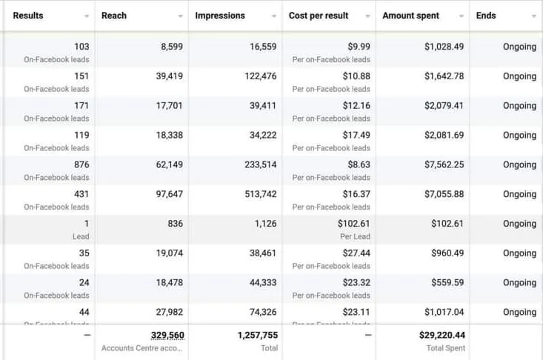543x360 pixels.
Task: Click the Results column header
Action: click(28, 16)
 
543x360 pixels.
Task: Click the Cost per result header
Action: click(319, 16)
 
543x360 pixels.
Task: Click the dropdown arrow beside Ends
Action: click(534, 16)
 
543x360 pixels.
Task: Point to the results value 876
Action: click(81, 165)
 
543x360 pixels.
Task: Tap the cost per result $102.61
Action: click(353, 224)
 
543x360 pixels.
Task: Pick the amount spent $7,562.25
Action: click(444, 165)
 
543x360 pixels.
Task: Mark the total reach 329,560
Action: click(167, 336)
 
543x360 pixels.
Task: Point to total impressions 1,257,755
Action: click(257, 336)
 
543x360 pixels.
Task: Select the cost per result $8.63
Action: click(356, 165)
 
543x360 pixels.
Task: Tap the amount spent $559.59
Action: click(447, 283)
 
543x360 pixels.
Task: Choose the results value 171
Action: click(81, 106)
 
